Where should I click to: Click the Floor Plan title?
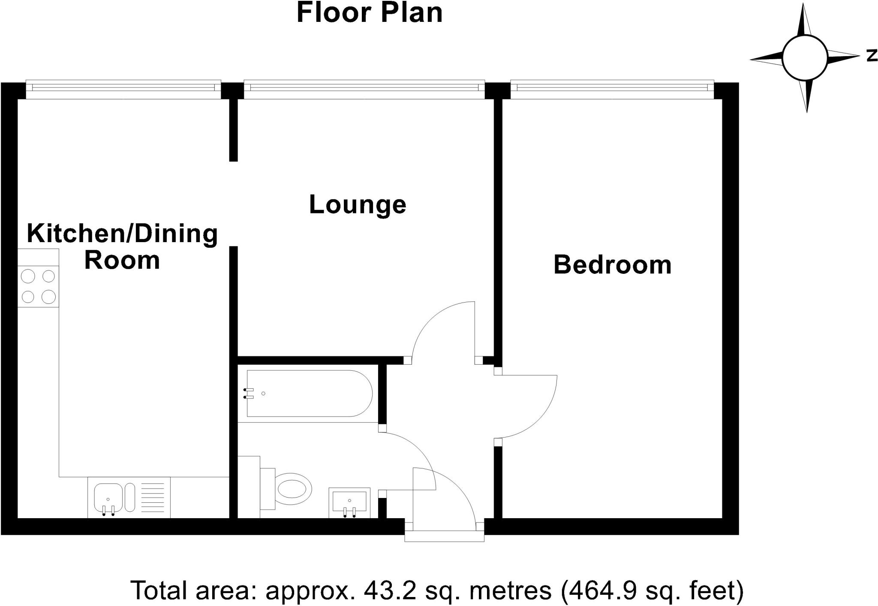(x=369, y=13)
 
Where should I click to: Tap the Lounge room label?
(x=357, y=205)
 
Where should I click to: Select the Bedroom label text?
(x=612, y=265)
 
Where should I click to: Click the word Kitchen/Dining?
(x=122, y=234)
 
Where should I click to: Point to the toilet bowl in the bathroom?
(x=294, y=488)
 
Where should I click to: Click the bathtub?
(x=309, y=393)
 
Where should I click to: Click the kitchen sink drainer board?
(x=152, y=497)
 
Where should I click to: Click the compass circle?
(x=804, y=58)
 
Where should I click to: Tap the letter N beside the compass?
(x=872, y=56)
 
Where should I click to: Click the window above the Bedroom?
(x=612, y=87)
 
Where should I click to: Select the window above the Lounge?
(x=364, y=87)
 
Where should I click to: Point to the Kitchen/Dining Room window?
(x=123, y=87)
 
